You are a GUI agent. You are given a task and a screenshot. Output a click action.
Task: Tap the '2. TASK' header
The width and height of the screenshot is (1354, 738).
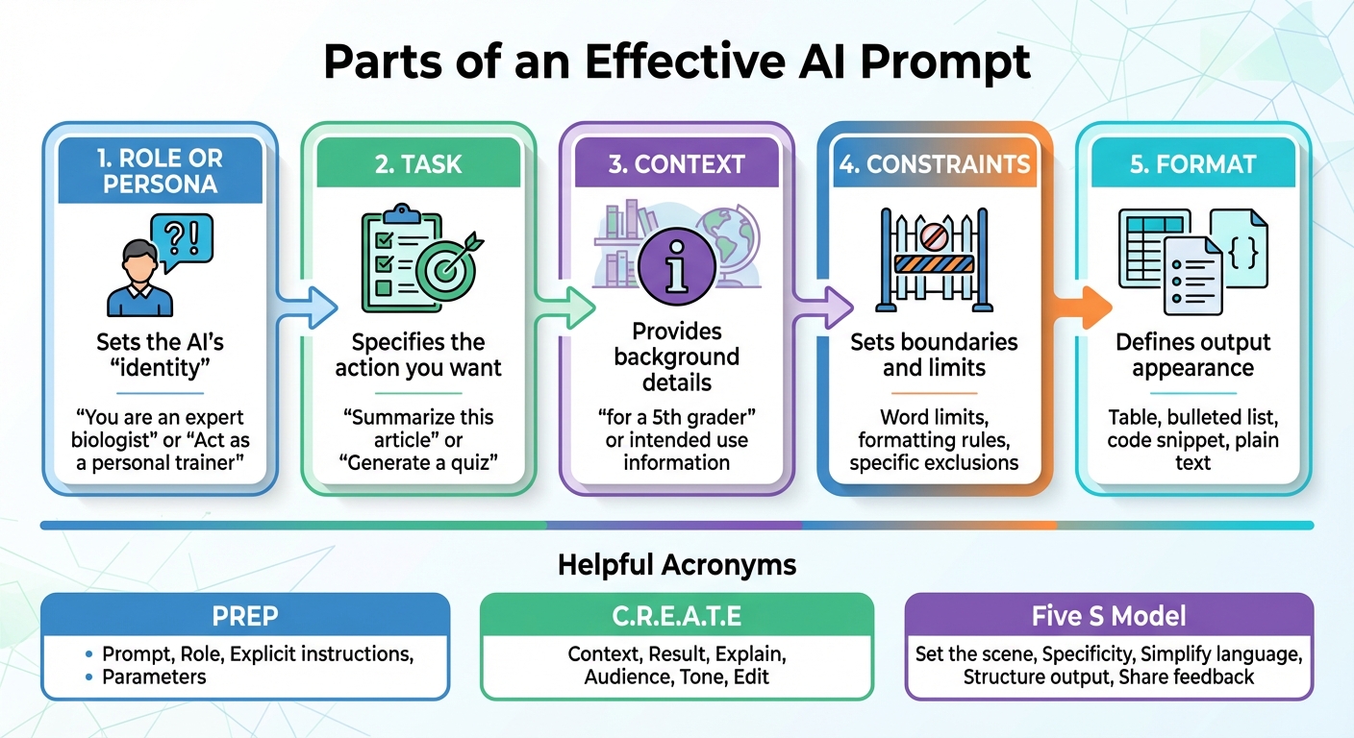(x=418, y=163)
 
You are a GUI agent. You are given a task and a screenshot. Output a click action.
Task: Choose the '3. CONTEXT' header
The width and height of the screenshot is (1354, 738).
(x=676, y=163)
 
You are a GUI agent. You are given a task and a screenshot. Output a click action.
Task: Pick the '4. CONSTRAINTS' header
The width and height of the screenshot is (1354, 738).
(x=935, y=163)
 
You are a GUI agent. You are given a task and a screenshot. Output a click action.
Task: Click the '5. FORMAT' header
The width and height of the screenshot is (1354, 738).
(x=1192, y=163)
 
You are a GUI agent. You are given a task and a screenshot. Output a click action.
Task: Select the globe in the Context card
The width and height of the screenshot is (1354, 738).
(x=727, y=240)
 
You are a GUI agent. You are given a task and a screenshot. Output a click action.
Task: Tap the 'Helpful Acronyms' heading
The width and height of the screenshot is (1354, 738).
(x=677, y=564)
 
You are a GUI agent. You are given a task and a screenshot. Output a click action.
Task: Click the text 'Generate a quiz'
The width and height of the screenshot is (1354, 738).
(x=418, y=462)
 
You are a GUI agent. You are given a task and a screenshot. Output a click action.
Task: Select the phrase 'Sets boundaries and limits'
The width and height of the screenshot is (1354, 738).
(x=934, y=355)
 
